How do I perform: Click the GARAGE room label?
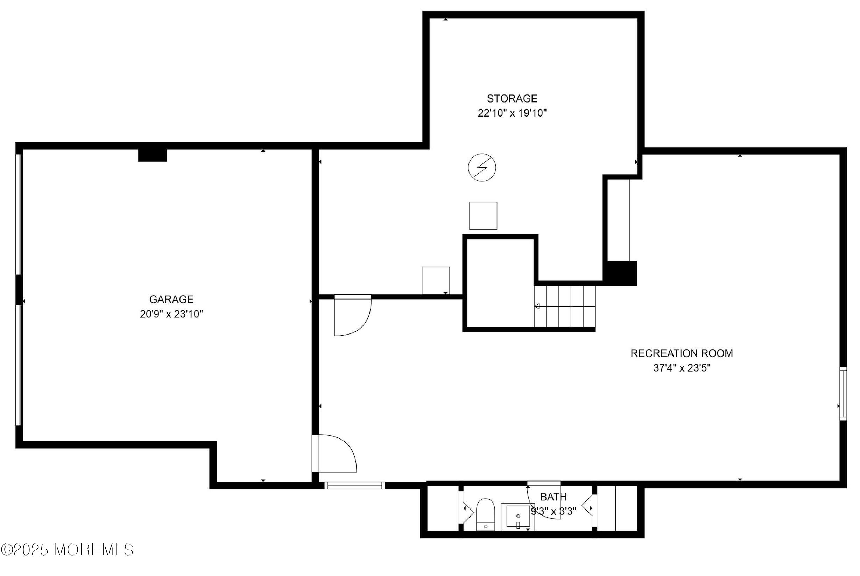pyautogui.click(x=171, y=300)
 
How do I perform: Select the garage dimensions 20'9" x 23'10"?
pyautogui.click(x=171, y=314)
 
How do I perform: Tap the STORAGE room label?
pyautogui.click(x=512, y=98)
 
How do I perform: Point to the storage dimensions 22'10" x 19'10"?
pyautogui.click(x=512, y=113)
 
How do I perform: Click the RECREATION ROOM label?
pyautogui.click(x=682, y=353)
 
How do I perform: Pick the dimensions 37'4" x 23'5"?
pyautogui.click(x=682, y=368)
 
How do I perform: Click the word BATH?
pyautogui.click(x=553, y=497)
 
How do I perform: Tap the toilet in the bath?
pyautogui.click(x=485, y=514)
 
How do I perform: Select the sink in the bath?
pyautogui.click(x=518, y=517)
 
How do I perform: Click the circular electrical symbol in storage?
pyautogui.click(x=482, y=168)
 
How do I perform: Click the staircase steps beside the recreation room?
pyautogui.click(x=565, y=306)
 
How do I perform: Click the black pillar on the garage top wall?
pyautogui.click(x=152, y=155)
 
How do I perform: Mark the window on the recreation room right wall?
pyautogui.click(x=843, y=394)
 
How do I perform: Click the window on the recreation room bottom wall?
pyautogui.click(x=355, y=485)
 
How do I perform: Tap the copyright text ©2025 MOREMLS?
pyautogui.click(x=67, y=550)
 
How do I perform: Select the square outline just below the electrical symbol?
pyautogui.click(x=483, y=216)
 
